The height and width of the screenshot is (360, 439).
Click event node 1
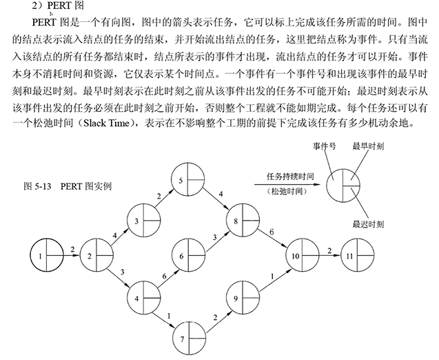pyautogui.click(x=47, y=257)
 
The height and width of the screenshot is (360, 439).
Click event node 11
pyautogui.click(x=357, y=257)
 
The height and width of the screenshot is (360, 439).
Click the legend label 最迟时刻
pyautogui.click(x=367, y=224)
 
